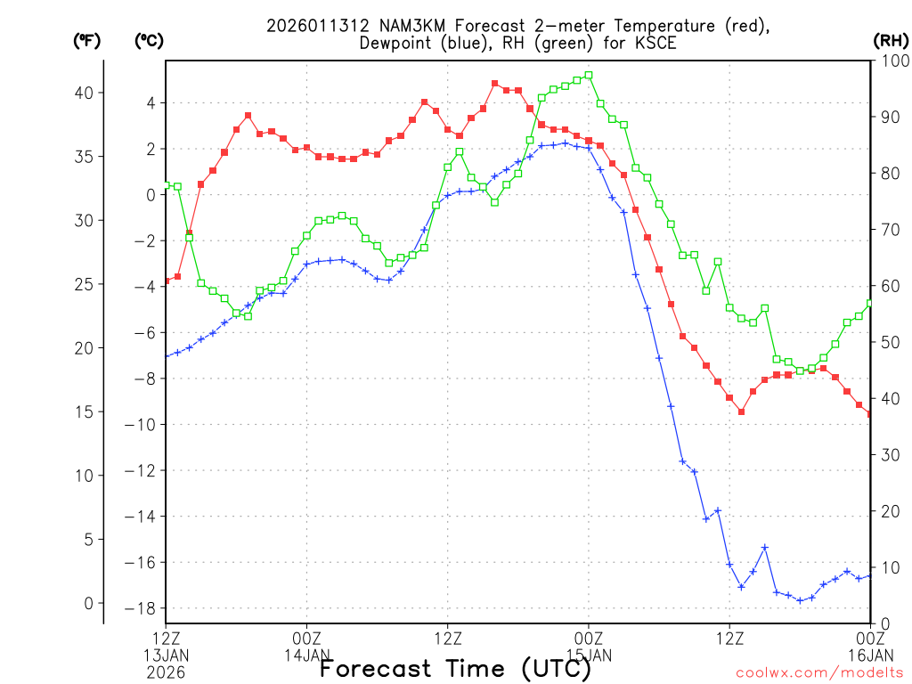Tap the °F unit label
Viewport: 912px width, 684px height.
pyautogui.click(x=86, y=40)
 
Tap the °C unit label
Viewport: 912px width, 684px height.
pyautogui.click(x=149, y=40)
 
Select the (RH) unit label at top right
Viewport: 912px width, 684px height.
pyautogui.click(x=891, y=40)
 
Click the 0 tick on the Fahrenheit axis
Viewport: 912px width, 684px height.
pyautogui.click(x=87, y=603)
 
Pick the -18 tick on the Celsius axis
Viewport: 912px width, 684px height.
pyautogui.click(x=142, y=608)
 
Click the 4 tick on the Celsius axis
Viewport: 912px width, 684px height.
pyautogui.click(x=151, y=103)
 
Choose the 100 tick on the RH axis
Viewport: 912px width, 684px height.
pyautogui.click(x=891, y=61)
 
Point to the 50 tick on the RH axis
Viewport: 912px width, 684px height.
pyautogui.click(x=887, y=342)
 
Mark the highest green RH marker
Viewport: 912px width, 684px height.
pyautogui.click(x=589, y=76)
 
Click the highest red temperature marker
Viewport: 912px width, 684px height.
pyautogui.click(x=495, y=84)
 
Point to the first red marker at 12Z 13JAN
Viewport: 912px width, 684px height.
pyautogui.click(x=167, y=281)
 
